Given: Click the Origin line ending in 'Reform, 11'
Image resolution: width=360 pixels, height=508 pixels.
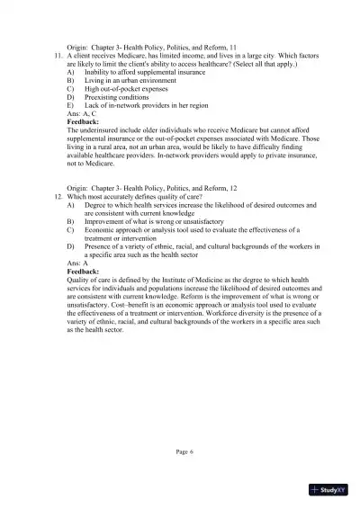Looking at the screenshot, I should coord(151,45).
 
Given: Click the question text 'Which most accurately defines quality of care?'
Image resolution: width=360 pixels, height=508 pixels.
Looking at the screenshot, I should coord(135,196).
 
